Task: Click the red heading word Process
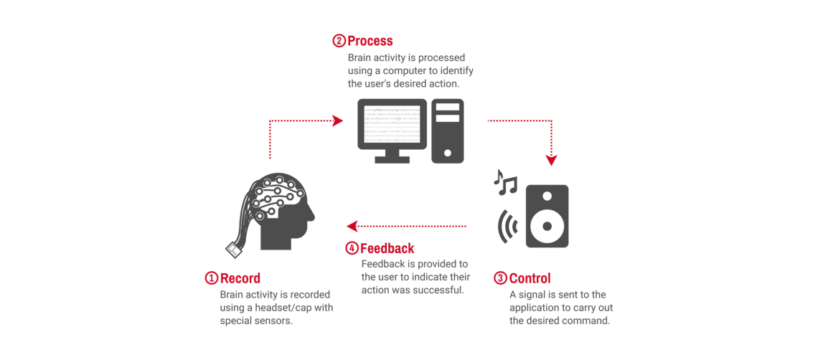point(370,41)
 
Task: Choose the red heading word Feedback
point(387,249)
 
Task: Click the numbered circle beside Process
point(339,41)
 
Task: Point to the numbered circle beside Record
point(212,278)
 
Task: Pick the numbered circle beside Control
point(500,278)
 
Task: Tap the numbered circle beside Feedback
point(352,249)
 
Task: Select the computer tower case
point(447,131)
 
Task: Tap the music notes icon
point(505,183)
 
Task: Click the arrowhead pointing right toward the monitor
point(338,120)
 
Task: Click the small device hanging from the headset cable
point(233,250)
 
